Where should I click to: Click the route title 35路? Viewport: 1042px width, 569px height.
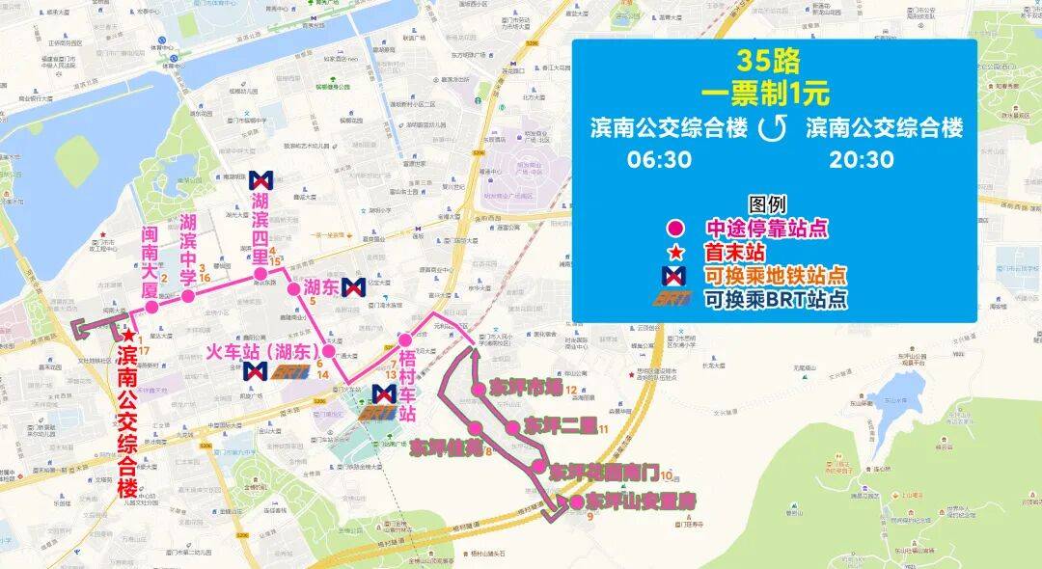769,63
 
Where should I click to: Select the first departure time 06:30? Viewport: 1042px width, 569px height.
659,159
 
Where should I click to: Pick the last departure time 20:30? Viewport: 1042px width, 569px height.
861,159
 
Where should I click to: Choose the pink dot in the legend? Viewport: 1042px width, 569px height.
676,229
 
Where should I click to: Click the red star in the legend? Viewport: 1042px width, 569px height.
676,252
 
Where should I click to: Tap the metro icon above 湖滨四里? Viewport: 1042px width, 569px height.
260,179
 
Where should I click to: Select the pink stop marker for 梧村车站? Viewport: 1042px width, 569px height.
406,339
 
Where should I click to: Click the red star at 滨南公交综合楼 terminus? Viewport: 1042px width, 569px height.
128,334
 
